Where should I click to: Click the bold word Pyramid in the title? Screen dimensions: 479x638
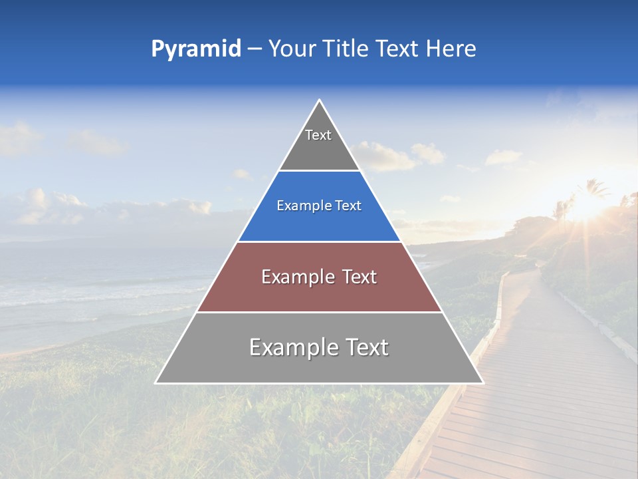[x=195, y=49]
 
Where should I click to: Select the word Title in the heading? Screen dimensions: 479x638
[x=346, y=49]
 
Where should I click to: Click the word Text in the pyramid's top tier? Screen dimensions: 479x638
[x=318, y=135]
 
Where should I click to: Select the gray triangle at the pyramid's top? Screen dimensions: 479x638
[x=319, y=150]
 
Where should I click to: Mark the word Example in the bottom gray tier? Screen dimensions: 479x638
[x=292, y=347]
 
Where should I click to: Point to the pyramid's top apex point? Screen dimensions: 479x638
[x=320, y=100]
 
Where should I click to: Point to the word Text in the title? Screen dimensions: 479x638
[x=397, y=49]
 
